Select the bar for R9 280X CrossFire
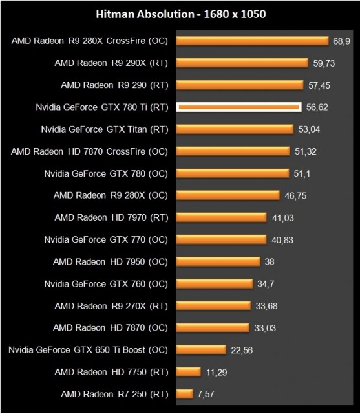click(x=252, y=41)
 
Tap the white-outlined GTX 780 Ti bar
click(x=238, y=107)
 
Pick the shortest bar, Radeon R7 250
click(x=184, y=393)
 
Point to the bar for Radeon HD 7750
click(x=187, y=371)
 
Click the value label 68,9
click(x=341, y=41)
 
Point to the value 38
click(x=270, y=261)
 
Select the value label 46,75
click(x=295, y=195)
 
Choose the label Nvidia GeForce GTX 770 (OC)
click(x=106, y=239)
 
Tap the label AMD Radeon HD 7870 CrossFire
click(x=89, y=151)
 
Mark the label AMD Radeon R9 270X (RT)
click(x=111, y=305)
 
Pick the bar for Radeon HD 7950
click(x=217, y=261)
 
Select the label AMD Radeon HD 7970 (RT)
click(x=111, y=217)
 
